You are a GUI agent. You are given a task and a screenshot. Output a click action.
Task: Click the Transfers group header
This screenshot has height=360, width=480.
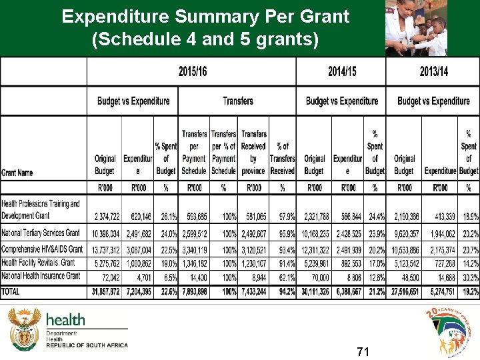click(x=238, y=101)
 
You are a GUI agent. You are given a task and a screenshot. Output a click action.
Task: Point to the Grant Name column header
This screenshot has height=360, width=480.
click(x=17, y=173)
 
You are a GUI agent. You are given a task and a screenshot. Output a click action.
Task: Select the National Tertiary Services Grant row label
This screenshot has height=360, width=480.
click(x=41, y=233)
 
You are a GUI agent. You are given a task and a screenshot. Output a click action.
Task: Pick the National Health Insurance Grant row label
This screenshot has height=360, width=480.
click(x=41, y=275)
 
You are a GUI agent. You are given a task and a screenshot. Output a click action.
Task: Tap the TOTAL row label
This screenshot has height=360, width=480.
click(x=11, y=291)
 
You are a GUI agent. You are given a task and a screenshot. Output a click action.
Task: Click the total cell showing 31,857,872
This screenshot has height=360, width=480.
click(x=104, y=292)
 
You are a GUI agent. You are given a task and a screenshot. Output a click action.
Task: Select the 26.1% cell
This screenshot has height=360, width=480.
click(x=166, y=217)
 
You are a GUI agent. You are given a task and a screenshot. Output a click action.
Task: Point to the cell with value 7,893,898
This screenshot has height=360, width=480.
click(x=194, y=292)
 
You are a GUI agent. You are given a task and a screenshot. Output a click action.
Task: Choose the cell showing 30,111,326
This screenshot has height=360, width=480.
click(x=315, y=292)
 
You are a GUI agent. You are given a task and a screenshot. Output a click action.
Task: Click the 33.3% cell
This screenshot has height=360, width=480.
click(x=469, y=276)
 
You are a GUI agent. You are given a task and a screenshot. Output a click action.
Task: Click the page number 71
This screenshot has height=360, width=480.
click(x=363, y=351)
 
